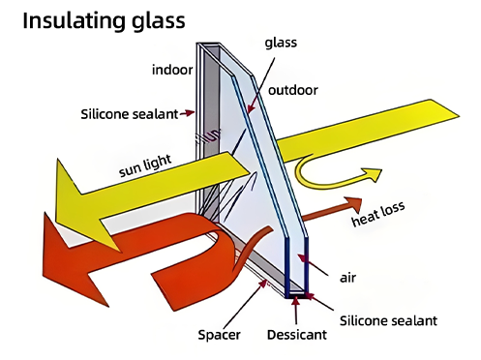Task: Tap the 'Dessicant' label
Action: (295, 336)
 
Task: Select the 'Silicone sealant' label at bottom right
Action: (396, 317)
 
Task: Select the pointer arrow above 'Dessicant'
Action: (296, 309)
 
